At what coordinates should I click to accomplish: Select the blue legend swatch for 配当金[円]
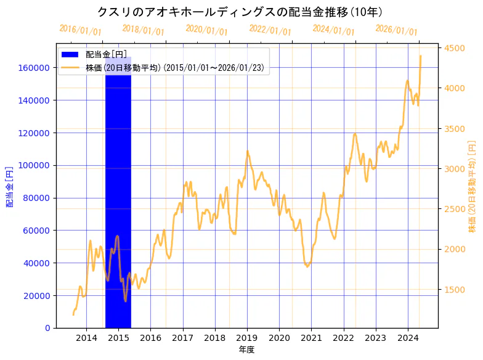tap(70, 55)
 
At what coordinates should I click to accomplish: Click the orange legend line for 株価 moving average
tap(70, 68)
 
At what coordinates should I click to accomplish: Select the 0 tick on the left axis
tap(47, 328)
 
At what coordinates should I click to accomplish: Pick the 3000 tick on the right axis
tap(454, 169)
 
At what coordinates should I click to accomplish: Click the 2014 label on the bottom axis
tap(86, 338)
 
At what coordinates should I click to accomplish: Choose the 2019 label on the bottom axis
tap(247, 338)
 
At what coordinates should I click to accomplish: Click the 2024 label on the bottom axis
tap(408, 338)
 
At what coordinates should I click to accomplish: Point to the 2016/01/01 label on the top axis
tap(81, 30)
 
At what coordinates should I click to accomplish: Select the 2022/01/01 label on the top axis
tap(270, 30)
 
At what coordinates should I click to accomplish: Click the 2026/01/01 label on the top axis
tap(396, 30)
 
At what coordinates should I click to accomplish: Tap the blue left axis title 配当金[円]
tap(9, 186)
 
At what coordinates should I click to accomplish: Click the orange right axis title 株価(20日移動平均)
tap(473, 186)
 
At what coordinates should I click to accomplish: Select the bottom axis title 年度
tap(246, 350)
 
